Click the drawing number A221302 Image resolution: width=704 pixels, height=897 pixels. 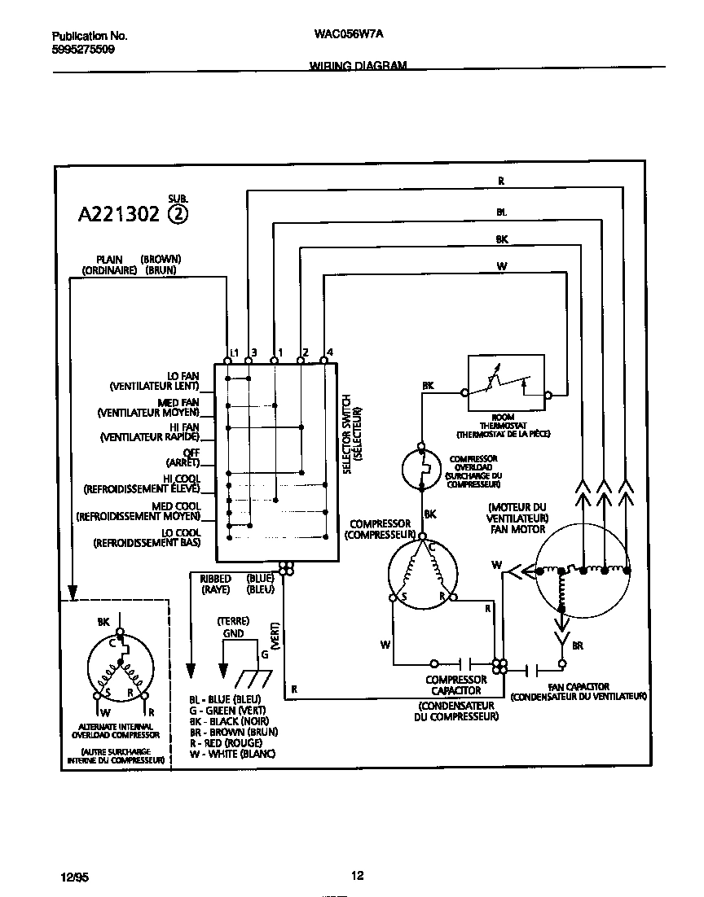(119, 215)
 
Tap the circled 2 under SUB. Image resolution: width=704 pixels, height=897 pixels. (178, 215)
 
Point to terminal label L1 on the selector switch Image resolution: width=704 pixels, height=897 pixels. (233, 352)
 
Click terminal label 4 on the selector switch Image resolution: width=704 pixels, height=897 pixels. (328, 352)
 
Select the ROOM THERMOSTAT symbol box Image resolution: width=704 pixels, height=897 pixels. (506, 383)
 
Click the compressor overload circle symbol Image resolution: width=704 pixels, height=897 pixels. (421, 469)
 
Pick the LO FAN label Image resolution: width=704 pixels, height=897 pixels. (183, 376)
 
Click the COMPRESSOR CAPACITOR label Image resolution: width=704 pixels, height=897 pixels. (456, 685)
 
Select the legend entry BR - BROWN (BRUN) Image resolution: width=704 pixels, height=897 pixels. (233, 732)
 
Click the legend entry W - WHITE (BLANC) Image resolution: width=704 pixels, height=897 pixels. (232, 755)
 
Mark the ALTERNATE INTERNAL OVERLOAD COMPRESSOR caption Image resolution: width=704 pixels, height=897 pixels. (115, 730)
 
